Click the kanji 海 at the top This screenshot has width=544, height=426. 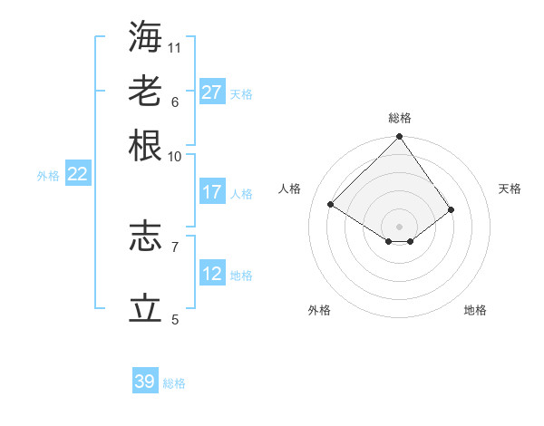click(x=146, y=35)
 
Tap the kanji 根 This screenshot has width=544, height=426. click(x=146, y=144)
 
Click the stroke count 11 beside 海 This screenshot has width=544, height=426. click(x=175, y=46)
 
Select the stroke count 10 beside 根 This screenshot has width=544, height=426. click(x=175, y=155)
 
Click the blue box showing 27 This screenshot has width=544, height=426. click(x=212, y=92)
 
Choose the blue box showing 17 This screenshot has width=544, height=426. click(x=212, y=192)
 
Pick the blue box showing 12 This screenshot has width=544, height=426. click(x=212, y=274)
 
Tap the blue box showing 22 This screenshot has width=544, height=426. click(x=77, y=174)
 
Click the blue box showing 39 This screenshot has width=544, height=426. click(x=145, y=382)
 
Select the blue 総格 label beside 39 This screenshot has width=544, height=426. click(x=174, y=383)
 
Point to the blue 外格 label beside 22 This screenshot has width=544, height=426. click(x=48, y=176)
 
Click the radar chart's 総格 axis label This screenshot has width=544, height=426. click(x=400, y=118)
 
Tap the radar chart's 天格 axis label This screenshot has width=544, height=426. click(x=510, y=189)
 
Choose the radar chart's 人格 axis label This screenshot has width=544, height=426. click(x=290, y=189)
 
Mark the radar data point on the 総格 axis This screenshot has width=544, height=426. click(x=399, y=138)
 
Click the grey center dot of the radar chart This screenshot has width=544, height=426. click(x=399, y=226)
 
